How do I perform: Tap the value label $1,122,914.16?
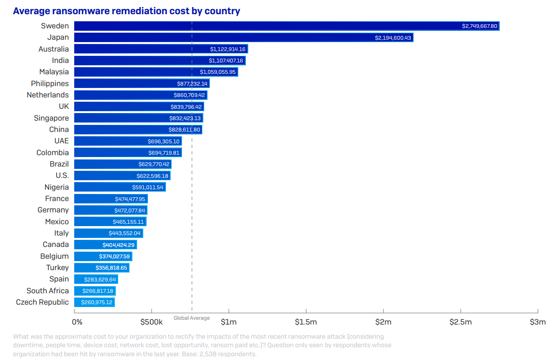coord(228,49)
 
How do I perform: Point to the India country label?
coord(60,61)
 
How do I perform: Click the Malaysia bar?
coord(156,72)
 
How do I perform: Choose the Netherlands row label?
coord(48,95)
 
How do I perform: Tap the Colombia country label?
coord(52,153)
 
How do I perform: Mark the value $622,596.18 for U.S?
coord(151,176)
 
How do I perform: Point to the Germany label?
coord(53,210)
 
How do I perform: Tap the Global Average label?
coord(191,318)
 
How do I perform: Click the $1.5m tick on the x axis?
coord(306,322)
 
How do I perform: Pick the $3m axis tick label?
coord(537,322)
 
